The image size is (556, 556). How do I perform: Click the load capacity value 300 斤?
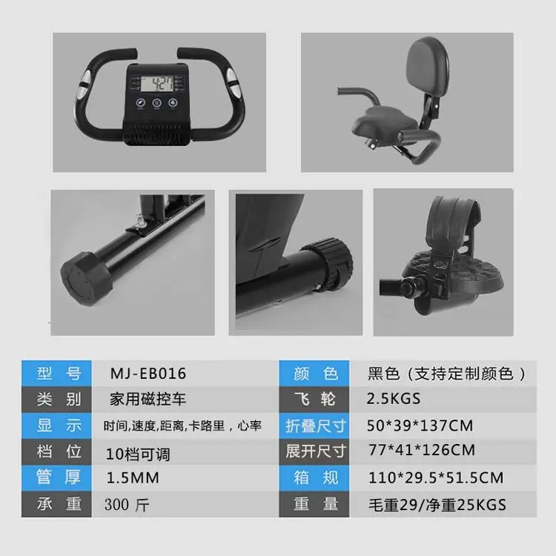pyautogui.click(x=127, y=505)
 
